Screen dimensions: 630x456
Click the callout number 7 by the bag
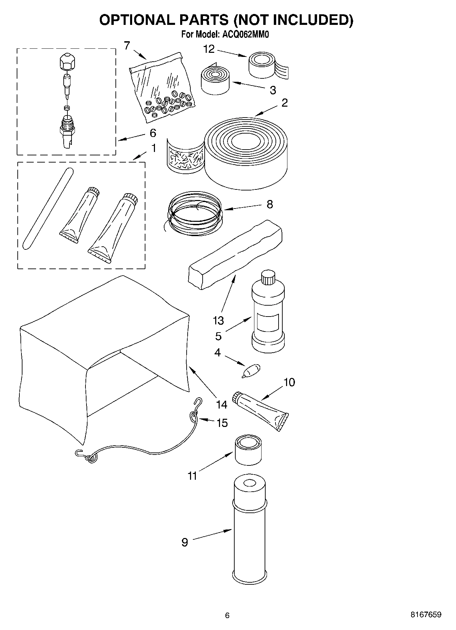coord(127,45)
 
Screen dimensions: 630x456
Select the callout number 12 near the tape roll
coord(209,49)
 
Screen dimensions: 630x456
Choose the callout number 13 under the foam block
coord(218,320)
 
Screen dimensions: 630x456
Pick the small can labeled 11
coord(248,450)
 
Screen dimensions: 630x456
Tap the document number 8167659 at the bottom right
coord(426,615)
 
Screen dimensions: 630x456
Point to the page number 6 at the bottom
coord(227,615)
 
